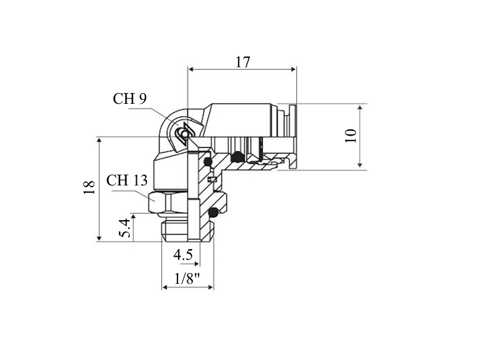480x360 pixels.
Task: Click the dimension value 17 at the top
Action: pyautogui.click(x=242, y=62)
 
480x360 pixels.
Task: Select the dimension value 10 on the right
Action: pyautogui.click(x=351, y=136)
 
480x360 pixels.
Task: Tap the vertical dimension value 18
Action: pyautogui.click(x=89, y=188)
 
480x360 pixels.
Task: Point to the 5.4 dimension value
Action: pyautogui.click(x=125, y=228)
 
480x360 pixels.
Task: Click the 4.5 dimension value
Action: pyautogui.click(x=183, y=254)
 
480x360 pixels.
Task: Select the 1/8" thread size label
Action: pyautogui.click(x=187, y=278)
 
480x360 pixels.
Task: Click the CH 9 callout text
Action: pyautogui.click(x=130, y=98)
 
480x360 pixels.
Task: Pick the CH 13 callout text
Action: pyautogui.click(x=127, y=181)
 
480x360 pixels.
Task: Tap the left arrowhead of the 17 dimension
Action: pyautogui.click(x=191, y=70)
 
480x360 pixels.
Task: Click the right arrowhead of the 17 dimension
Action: pyautogui.click(x=293, y=70)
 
